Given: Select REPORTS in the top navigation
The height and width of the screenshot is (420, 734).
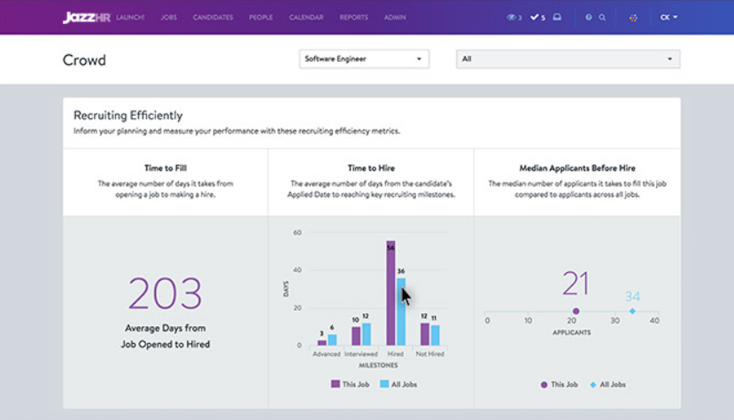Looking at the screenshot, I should click(353, 18).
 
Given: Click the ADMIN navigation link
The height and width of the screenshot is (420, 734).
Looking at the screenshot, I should click(394, 18).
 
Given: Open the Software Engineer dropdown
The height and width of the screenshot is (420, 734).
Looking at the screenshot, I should click(364, 59).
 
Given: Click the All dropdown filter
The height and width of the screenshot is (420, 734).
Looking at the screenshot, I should click(568, 59).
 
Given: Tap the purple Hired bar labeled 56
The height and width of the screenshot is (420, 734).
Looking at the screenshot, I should click(390, 292).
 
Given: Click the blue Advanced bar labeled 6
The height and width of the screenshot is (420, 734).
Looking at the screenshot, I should click(332, 339).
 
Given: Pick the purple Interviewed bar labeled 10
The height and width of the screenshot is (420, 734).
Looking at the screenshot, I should click(356, 336).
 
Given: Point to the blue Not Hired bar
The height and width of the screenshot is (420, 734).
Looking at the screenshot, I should click(435, 335).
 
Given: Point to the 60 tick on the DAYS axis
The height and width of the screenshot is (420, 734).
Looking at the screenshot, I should click(297, 233).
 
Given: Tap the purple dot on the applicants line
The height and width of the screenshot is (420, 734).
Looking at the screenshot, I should click(576, 311).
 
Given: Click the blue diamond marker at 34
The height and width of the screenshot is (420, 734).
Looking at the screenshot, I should click(632, 311).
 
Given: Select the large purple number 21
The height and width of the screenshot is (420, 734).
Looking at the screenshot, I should click(576, 284).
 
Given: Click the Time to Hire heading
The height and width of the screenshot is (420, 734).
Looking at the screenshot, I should click(371, 167).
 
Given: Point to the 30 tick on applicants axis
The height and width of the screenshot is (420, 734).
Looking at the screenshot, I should click(612, 321).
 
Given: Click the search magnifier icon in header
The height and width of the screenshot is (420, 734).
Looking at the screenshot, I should click(603, 18).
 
